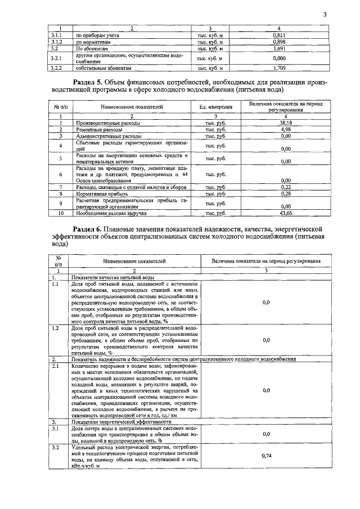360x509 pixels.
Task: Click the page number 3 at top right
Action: point(325,15)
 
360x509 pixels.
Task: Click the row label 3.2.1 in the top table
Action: point(55,58)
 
